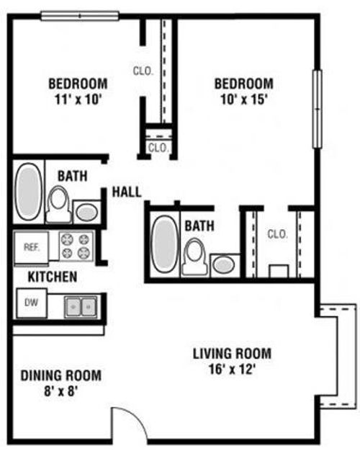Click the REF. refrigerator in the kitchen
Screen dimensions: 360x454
pyautogui.click(x=31, y=247)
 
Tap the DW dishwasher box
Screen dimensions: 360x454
pyautogui.click(x=32, y=303)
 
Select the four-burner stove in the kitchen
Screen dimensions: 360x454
pyautogui.click(x=76, y=246)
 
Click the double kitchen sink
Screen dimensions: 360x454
pyautogui.click(x=81, y=306)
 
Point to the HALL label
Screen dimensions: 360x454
pyautogui.click(x=127, y=192)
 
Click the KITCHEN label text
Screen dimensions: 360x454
pyautogui.click(x=53, y=277)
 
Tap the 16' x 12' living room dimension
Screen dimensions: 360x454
pyautogui.click(x=232, y=370)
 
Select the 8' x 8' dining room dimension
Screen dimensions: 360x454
pyautogui.click(x=61, y=391)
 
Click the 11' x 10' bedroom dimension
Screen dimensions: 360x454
pyautogui.click(x=78, y=100)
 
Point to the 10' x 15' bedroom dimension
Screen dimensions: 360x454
pyautogui.click(x=243, y=100)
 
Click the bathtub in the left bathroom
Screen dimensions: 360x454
pyautogui.click(x=28, y=192)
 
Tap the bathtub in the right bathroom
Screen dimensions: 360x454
pyautogui.click(x=164, y=244)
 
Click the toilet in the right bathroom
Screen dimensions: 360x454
pyautogui.click(x=194, y=257)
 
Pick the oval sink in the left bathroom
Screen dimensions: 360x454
pyautogui.click(x=86, y=213)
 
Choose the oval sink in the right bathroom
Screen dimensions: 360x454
pyautogui.click(x=224, y=265)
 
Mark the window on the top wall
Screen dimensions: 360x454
pyautogui.click(x=80, y=16)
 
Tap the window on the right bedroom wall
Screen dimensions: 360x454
pyautogui.click(x=318, y=109)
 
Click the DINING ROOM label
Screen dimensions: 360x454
pyautogui.click(x=61, y=375)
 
